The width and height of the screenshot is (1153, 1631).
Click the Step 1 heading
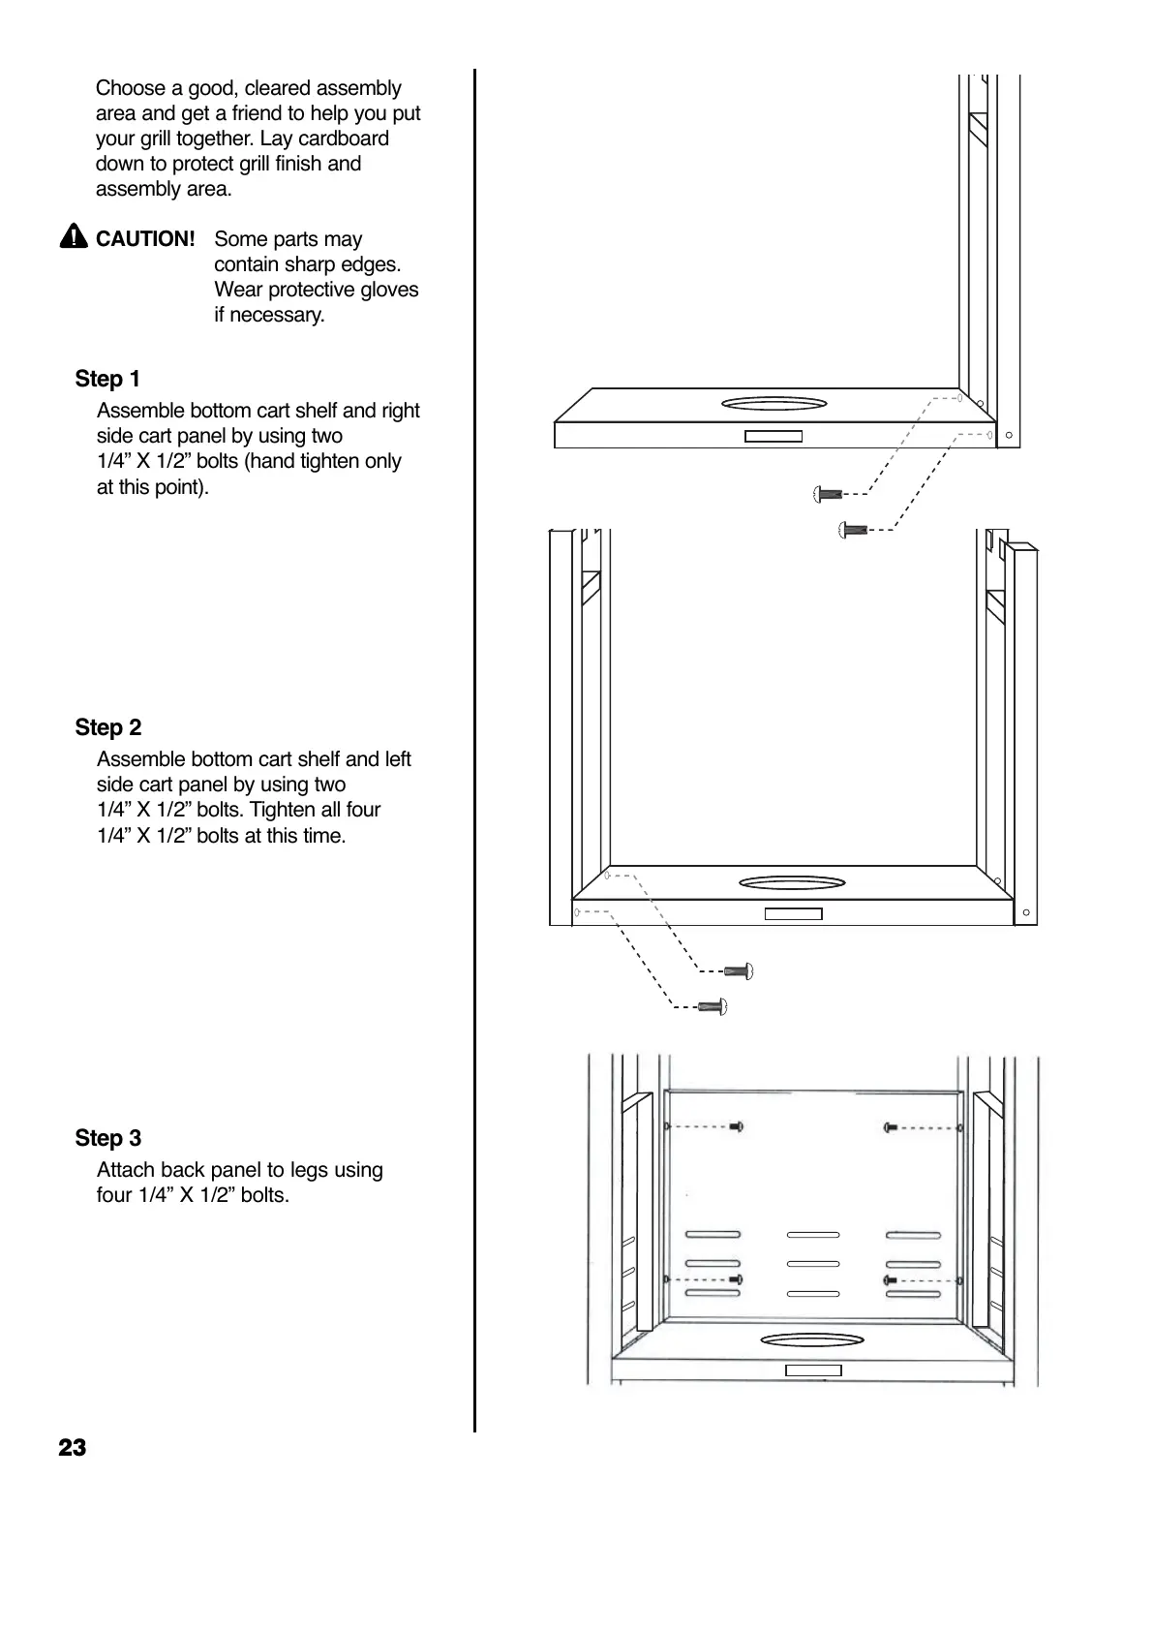pyautogui.click(x=107, y=379)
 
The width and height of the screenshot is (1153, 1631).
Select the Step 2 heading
pyautogui.click(x=107, y=727)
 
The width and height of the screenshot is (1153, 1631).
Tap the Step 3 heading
pyautogui.click(x=107, y=1138)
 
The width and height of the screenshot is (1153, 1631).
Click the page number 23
pyautogui.click(x=72, y=1448)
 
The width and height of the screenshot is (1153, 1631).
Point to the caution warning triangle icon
pyautogui.click(x=73, y=237)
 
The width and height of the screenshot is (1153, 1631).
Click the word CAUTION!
pyautogui.click(x=145, y=239)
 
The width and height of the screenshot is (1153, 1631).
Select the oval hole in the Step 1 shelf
pyautogui.click(x=774, y=404)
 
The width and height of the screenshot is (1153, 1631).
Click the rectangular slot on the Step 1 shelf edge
pyautogui.click(x=773, y=436)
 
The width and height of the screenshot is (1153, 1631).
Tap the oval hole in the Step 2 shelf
pyautogui.click(x=791, y=883)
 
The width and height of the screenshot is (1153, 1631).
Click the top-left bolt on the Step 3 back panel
pyautogui.click(x=736, y=1126)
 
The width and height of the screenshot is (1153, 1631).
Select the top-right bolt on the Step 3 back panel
pyautogui.click(x=891, y=1127)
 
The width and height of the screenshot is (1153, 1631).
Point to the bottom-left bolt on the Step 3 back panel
pyautogui.click(x=736, y=1279)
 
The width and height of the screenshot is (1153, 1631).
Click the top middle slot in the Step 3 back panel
pyautogui.click(x=812, y=1235)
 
